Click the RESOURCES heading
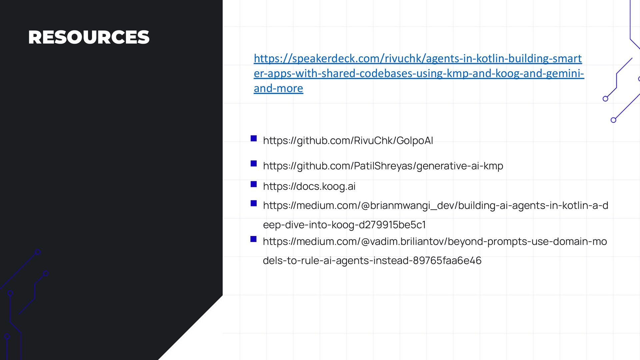89,37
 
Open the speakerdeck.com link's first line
417,58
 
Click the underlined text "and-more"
278,88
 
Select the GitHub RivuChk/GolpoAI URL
348,140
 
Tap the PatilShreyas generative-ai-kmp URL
383,166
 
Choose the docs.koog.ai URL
309,186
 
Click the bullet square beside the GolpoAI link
254,138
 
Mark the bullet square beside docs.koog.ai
254,184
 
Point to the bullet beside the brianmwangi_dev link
254,203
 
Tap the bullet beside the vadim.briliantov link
254,239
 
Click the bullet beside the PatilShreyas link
254,163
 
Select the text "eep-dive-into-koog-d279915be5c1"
344,225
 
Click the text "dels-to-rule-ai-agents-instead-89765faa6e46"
372,260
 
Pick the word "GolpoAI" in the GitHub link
415,140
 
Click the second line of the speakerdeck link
419,73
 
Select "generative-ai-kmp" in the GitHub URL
460,166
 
